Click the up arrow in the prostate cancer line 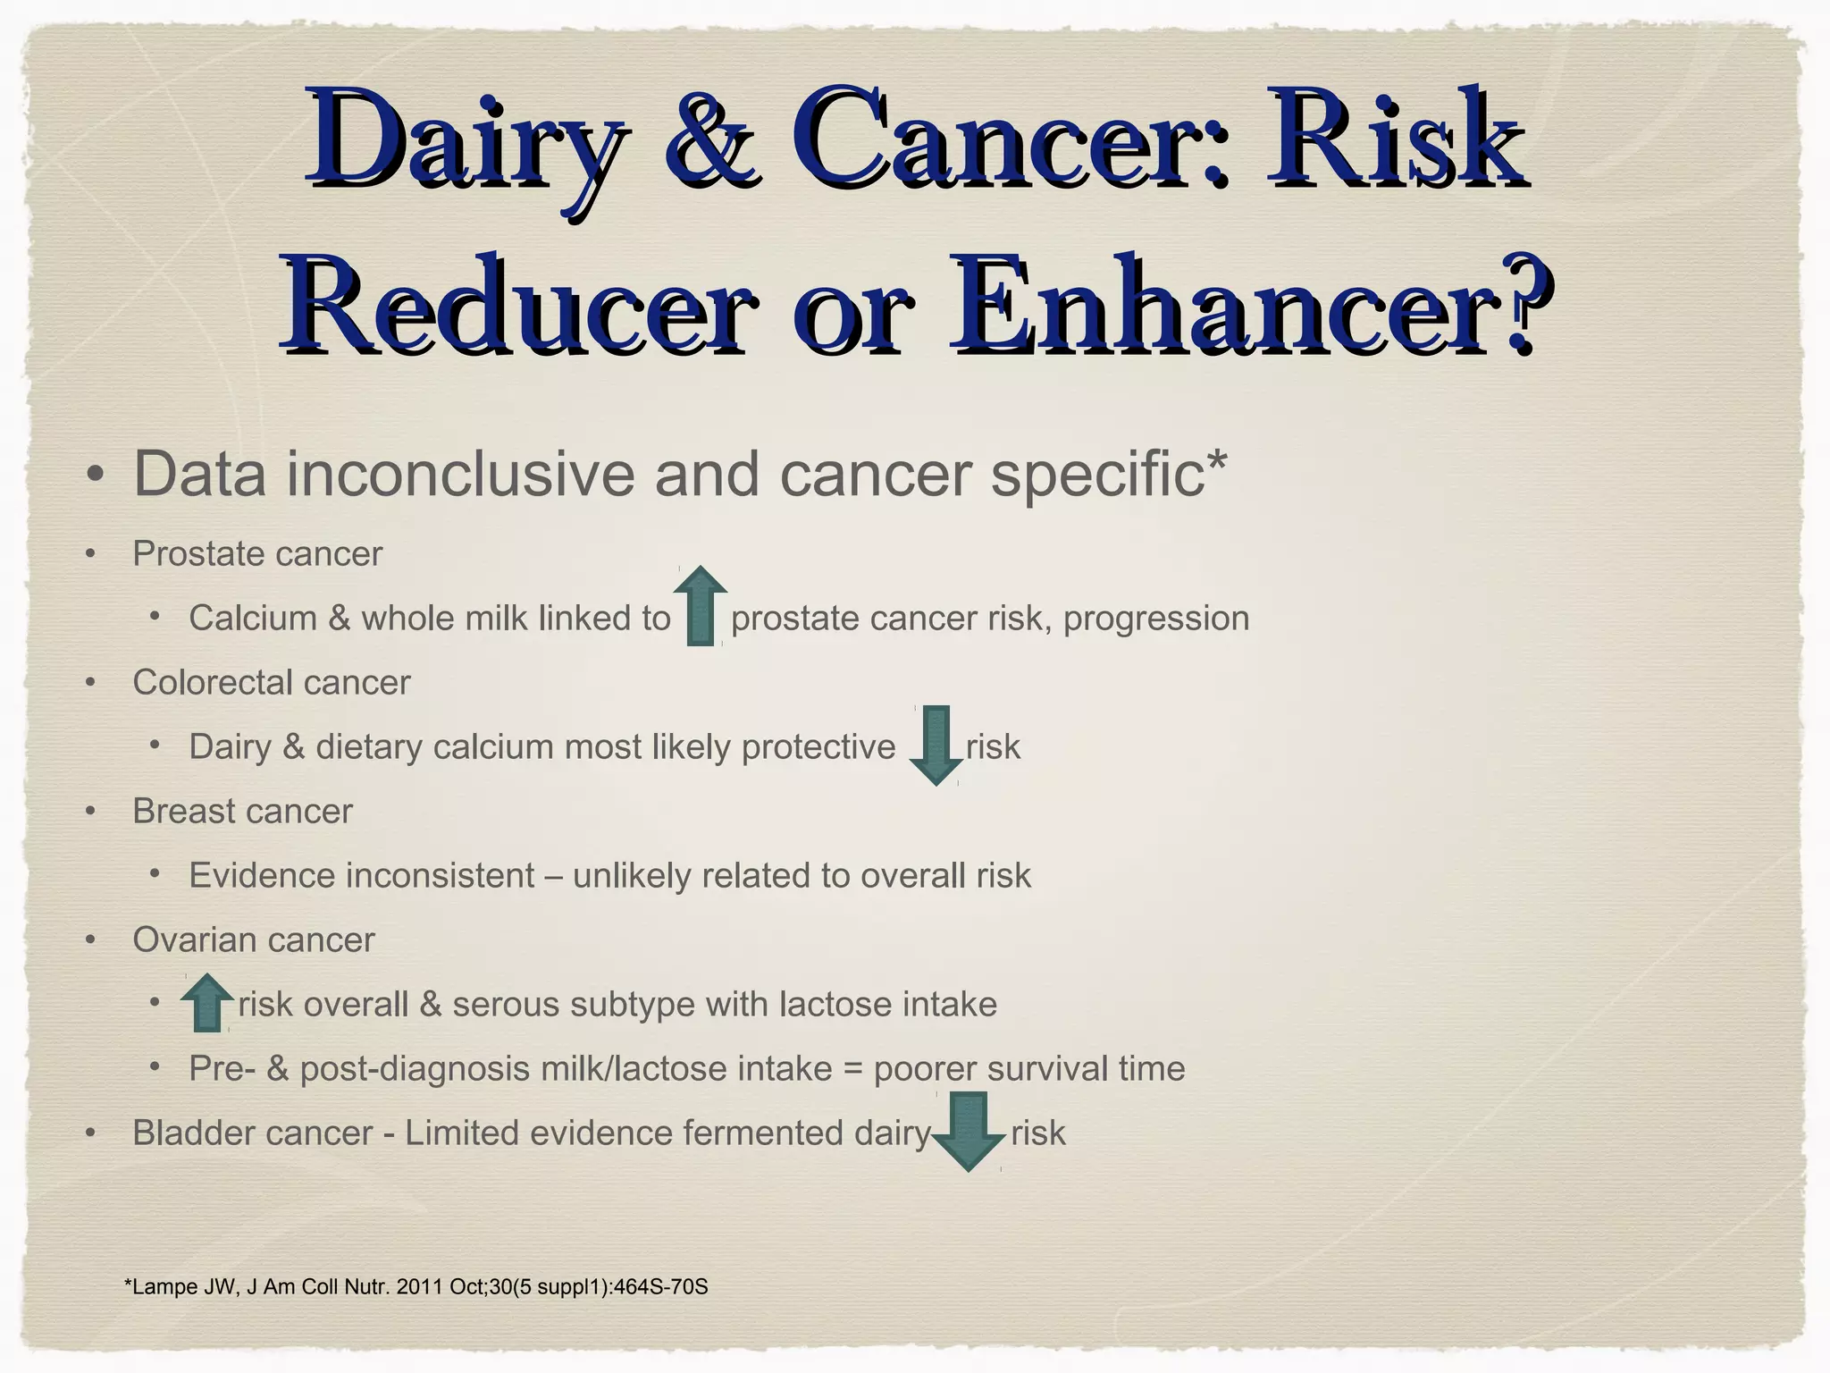(701, 606)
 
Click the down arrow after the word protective (936, 745)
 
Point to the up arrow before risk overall (207, 1003)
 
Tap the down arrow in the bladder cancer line (969, 1132)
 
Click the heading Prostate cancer (257, 554)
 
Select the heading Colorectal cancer (272, 683)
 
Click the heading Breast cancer (243, 812)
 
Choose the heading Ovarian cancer (254, 940)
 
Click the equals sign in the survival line (852, 1069)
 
